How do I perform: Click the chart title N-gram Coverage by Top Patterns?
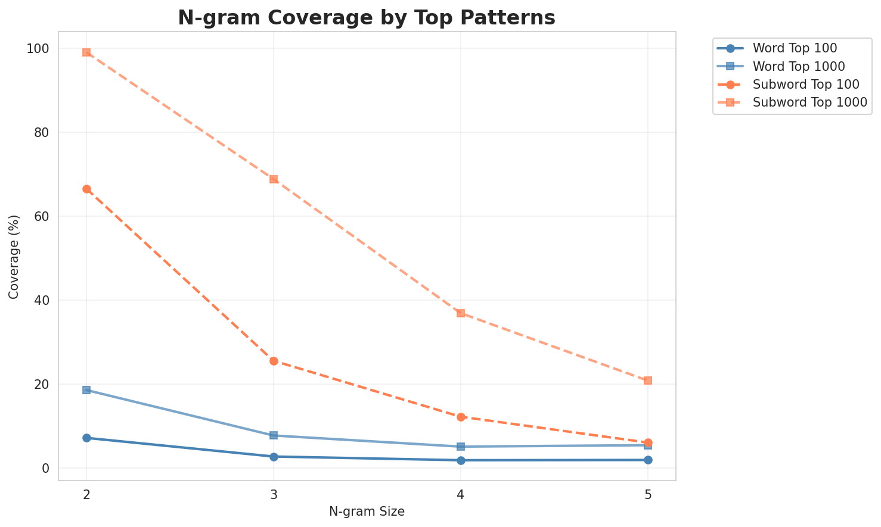click(x=367, y=18)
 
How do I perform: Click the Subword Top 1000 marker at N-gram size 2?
click(x=86, y=52)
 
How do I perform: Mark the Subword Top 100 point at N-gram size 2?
click(x=86, y=189)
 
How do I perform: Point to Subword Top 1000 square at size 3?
click(x=274, y=179)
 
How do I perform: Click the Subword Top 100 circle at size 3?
click(x=274, y=361)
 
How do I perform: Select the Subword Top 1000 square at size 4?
click(x=461, y=313)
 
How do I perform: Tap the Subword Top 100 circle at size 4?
click(x=461, y=417)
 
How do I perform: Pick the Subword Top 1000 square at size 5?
click(x=648, y=381)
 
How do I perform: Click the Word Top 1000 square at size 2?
click(x=86, y=390)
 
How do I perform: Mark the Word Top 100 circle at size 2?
click(x=86, y=438)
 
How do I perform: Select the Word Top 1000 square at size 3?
click(x=274, y=435)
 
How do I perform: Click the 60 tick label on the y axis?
click(x=42, y=217)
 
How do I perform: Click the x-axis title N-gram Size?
click(x=367, y=512)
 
